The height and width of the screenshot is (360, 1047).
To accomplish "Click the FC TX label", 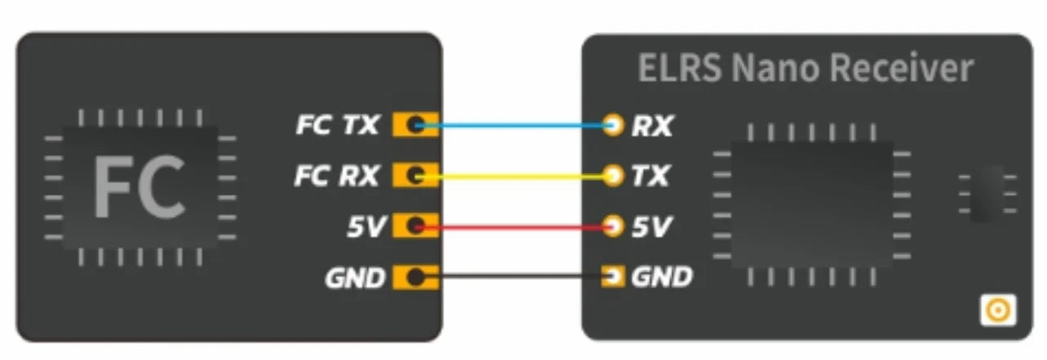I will pos(338,125).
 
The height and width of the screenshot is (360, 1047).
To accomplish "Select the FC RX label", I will pos(337,175).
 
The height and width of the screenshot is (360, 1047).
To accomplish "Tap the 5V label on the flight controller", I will pos(365,227).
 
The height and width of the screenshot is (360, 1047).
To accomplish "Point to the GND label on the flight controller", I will pos(354,278).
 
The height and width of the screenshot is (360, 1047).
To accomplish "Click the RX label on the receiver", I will pos(652,126).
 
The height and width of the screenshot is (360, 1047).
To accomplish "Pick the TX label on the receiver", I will pos(651,175).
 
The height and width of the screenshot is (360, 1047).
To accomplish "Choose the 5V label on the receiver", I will pos(651,226).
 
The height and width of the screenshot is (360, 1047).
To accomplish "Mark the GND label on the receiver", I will pos(662,277).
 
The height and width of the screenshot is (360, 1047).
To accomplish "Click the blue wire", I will pos(515,125).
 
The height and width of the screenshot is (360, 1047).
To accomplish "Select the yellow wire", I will pos(515,175).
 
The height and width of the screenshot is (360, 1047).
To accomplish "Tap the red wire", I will pos(515,226).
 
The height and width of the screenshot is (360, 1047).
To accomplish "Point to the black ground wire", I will pos(515,277).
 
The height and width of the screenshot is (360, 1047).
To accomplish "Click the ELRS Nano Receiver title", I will pos(806,69).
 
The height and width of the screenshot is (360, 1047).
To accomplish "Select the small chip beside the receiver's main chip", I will pos(988,192).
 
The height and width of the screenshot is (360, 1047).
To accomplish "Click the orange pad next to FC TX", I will pos(416,125).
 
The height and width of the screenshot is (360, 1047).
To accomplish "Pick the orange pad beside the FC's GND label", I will pos(416,278).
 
